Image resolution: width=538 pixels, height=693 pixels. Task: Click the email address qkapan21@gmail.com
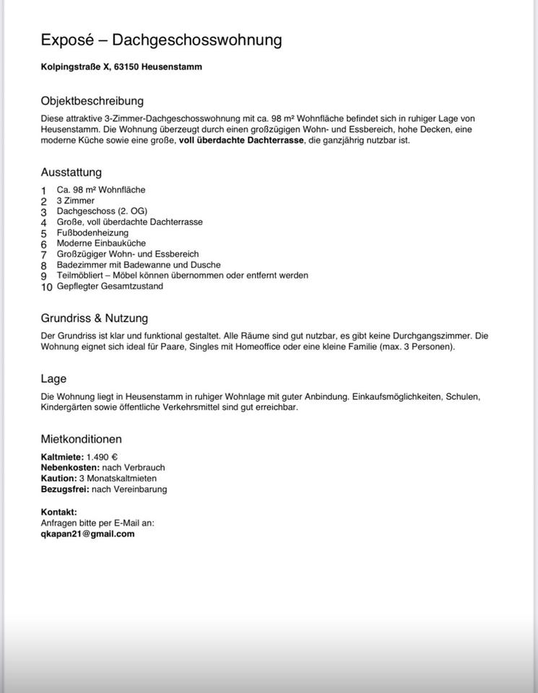(x=87, y=534)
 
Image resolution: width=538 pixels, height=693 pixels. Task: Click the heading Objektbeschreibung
(x=92, y=101)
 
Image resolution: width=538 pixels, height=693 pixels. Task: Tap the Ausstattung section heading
(x=71, y=173)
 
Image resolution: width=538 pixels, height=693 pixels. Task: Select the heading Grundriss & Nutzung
(x=94, y=318)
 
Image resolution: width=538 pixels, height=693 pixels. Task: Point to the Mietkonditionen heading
(x=81, y=439)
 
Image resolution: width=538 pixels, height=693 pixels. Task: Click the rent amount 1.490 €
(x=102, y=457)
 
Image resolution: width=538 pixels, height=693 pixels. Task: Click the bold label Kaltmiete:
(x=62, y=457)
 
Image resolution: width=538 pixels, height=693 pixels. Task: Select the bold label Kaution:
(x=58, y=478)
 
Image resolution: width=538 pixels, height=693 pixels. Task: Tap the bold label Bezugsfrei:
(x=65, y=489)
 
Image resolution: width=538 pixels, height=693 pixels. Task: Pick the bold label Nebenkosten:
(x=71, y=468)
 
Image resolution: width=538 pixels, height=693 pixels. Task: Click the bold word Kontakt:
(x=59, y=513)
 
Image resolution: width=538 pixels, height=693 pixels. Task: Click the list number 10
(x=46, y=287)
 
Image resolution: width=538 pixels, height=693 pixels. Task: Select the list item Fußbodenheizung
(x=92, y=233)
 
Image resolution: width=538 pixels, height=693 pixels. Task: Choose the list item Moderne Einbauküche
(x=100, y=244)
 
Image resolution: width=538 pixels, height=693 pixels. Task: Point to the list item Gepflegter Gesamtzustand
(x=110, y=287)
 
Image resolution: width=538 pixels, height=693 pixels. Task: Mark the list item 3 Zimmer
(x=75, y=201)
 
